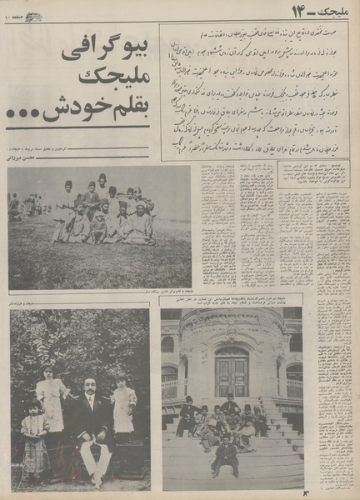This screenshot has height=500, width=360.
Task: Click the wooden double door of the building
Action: coord(231,373)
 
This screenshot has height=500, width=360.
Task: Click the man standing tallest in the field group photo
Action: coord(102,192)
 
